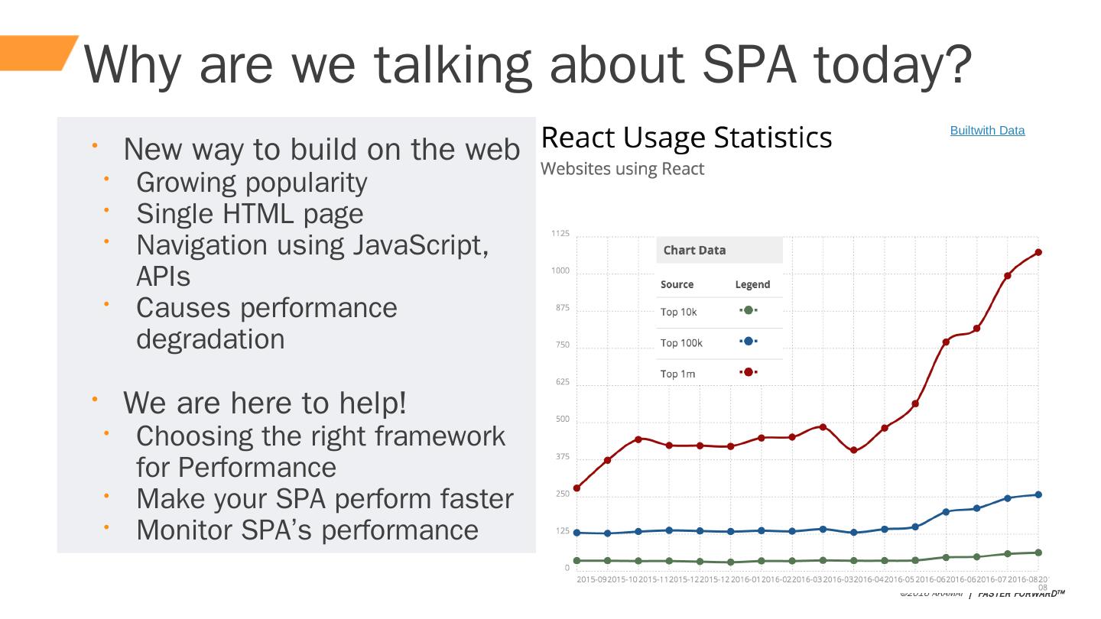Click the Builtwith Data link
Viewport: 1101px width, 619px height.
pos(987,131)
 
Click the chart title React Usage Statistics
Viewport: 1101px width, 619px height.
pos(686,138)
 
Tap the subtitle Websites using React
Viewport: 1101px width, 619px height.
pos(622,169)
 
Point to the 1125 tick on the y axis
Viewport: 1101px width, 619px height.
pos(560,234)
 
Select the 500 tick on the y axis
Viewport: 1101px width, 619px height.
pos(562,420)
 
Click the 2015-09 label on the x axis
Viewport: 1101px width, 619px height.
pos(592,580)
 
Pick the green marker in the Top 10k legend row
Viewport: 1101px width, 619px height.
pos(749,310)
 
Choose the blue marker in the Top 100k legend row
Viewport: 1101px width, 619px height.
pos(749,342)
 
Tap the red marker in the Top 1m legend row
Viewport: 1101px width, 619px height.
pos(749,372)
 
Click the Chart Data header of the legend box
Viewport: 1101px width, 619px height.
pos(694,251)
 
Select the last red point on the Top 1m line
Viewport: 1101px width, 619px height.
pos(1038,252)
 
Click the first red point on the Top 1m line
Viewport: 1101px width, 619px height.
pos(576,488)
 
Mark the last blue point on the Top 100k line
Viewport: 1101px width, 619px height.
pos(1038,494)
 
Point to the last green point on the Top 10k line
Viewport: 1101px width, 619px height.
pos(1038,553)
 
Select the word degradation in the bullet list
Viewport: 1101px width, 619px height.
pos(210,339)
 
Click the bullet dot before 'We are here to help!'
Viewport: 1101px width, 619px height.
pos(96,399)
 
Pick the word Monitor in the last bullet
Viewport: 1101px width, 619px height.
pos(184,530)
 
